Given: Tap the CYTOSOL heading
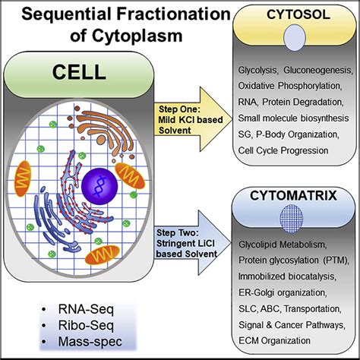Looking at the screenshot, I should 290,14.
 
